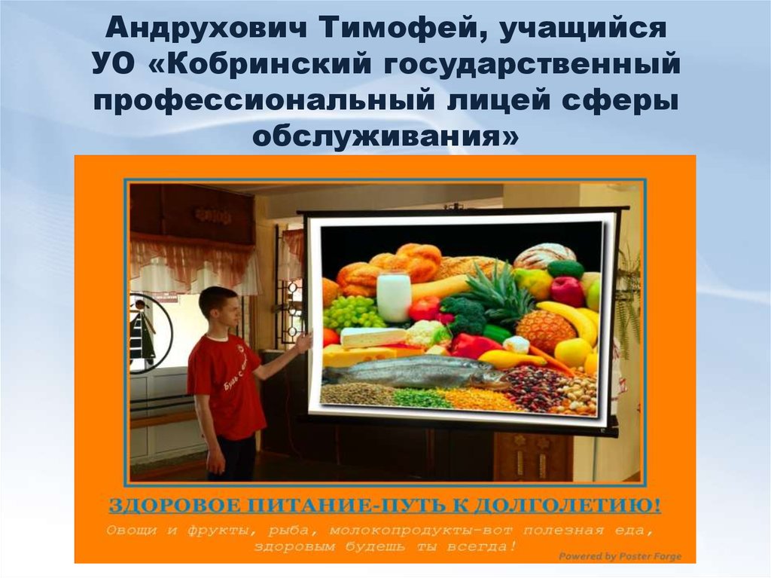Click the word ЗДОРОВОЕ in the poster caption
pos(172,503)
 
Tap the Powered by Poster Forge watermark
pos(619,556)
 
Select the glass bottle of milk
pos(394,295)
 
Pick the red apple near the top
pos(567,291)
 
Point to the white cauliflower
pos(424,332)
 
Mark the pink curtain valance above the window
pos(191,255)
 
